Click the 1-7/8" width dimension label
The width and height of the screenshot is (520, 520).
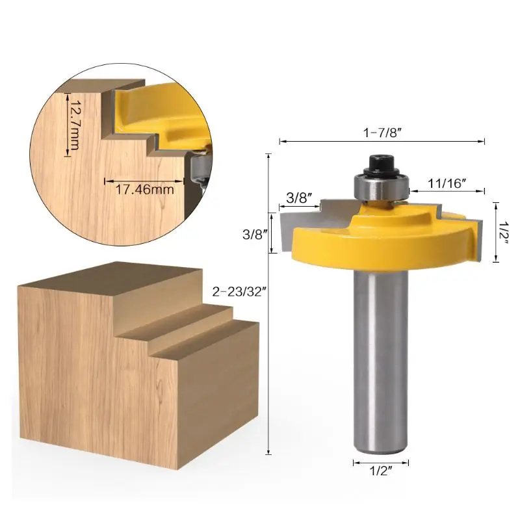point(382,133)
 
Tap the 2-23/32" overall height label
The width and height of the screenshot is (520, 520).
point(239,292)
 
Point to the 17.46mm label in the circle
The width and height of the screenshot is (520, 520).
point(144,190)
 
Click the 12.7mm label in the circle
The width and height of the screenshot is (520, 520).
point(74,124)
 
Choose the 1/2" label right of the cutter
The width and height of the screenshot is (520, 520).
point(504,233)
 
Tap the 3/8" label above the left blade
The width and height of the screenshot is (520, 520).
point(300,198)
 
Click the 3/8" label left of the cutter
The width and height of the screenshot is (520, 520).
point(255,235)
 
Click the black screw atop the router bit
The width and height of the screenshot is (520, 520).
point(380,165)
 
